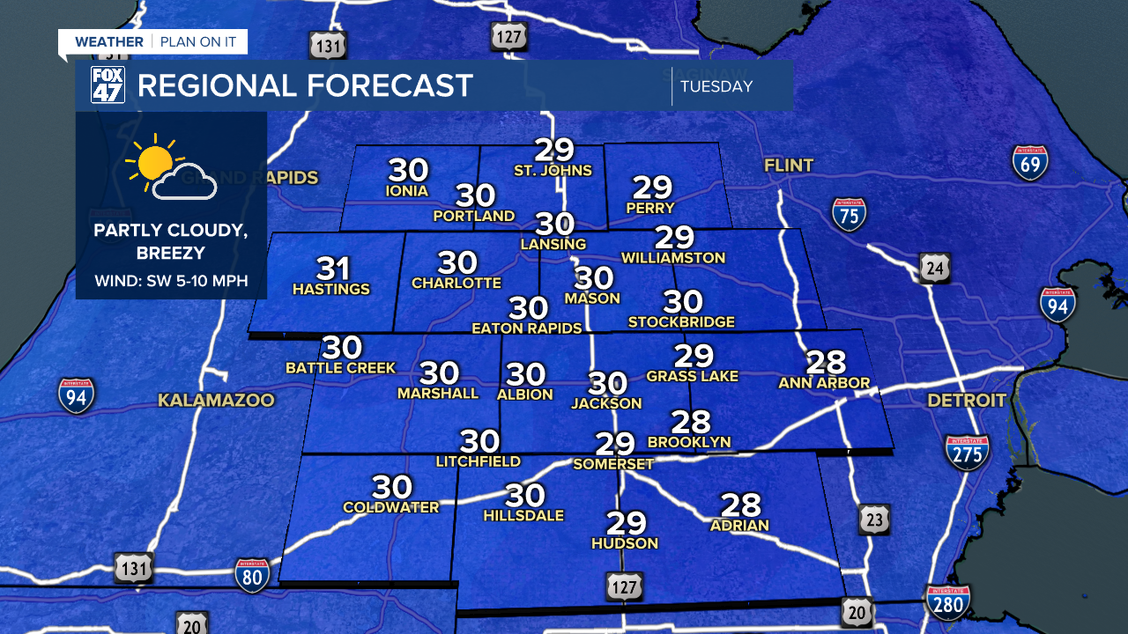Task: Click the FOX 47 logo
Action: click(x=108, y=85)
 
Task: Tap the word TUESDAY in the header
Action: click(x=716, y=86)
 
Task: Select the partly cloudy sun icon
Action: click(x=171, y=170)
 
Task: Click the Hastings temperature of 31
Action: click(x=332, y=269)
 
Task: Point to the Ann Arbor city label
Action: click(x=824, y=382)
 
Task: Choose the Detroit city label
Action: click(x=966, y=401)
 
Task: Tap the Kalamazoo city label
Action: click(x=216, y=401)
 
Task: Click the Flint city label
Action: click(x=789, y=165)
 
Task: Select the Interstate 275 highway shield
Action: click(x=967, y=452)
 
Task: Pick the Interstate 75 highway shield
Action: click(x=849, y=214)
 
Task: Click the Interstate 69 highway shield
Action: click(x=1029, y=163)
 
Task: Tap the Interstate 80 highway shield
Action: click(x=252, y=575)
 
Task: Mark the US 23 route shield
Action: click(x=873, y=520)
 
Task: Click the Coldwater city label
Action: click(x=390, y=507)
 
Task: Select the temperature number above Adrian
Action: click(x=740, y=505)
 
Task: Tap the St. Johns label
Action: click(x=553, y=170)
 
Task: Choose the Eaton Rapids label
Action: click(x=527, y=328)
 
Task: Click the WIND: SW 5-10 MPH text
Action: click(x=171, y=282)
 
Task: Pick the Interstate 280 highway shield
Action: click(x=948, y=603)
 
